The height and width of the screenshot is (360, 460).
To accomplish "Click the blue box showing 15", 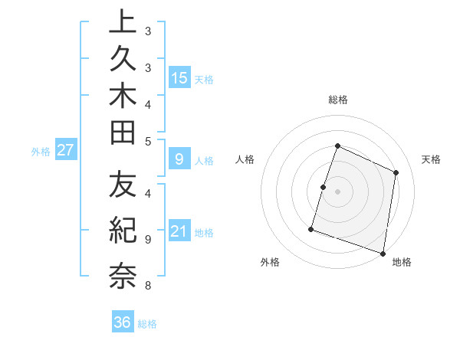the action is (179, 78).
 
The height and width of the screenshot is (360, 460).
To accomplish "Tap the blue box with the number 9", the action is (179, 159).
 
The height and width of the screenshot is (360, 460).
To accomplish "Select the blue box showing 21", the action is (179, 231).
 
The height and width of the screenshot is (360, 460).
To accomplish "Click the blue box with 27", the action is (66, 150).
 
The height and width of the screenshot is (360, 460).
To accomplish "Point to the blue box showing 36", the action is (123, 322).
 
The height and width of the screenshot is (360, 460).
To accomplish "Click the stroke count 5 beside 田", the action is (148, 141).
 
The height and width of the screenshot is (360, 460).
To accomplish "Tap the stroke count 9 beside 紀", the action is (147, 239).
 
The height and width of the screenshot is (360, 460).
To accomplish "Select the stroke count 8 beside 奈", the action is (147, 286).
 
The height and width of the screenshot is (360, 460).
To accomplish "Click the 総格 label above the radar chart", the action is (338, 100).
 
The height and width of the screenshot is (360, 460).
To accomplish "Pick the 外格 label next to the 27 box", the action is (41, 152).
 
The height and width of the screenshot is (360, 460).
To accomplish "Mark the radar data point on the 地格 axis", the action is (382, 253).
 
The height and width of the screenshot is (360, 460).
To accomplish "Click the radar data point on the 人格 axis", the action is (324, 187).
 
